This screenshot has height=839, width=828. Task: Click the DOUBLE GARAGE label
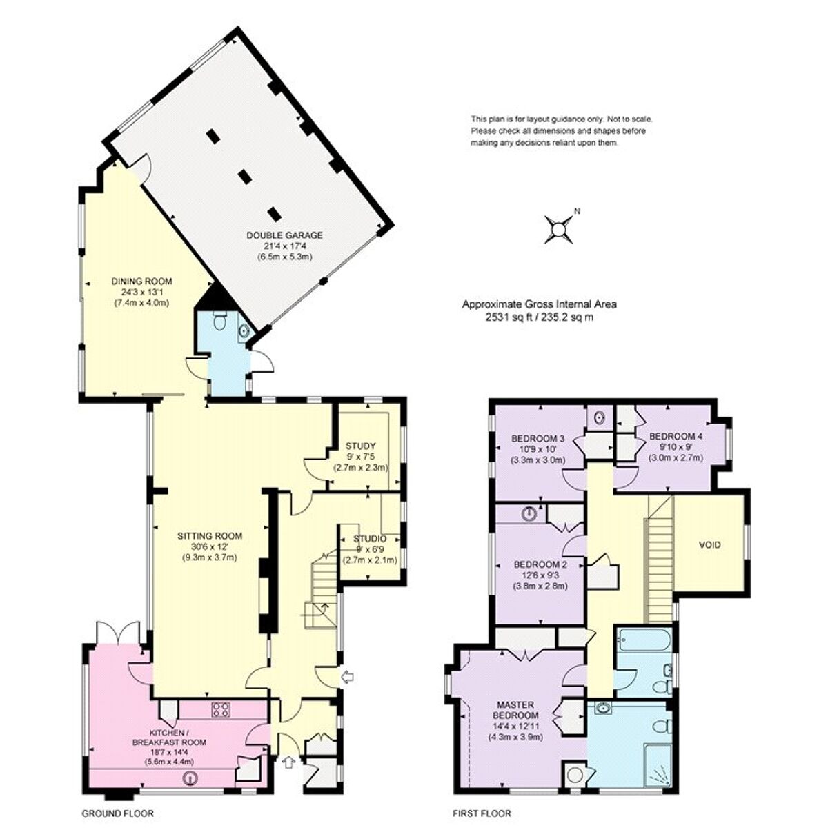284,235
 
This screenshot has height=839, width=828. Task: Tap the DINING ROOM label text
141,282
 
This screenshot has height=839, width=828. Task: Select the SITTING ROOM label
210,535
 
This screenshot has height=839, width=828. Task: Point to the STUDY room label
360,446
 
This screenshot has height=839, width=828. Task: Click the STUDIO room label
370,539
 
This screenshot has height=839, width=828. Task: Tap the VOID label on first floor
710,545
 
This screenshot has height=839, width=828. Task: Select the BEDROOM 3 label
538,439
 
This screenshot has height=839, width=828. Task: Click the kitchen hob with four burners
221,710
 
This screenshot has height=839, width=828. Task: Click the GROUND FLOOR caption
118,814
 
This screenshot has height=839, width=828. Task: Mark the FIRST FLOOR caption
482,814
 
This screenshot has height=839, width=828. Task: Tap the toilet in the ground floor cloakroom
219,322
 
